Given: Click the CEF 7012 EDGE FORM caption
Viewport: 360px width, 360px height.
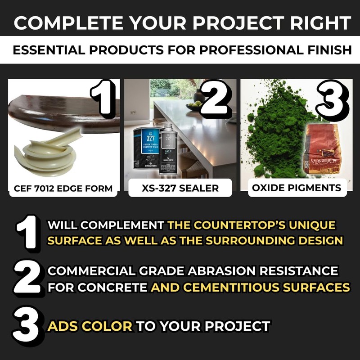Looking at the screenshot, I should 63,188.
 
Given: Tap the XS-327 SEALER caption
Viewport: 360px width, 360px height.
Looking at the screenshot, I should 180,188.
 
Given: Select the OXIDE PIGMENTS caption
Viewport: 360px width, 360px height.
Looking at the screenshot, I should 297,188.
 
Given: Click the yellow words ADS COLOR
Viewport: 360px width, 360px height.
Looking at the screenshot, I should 90,326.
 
